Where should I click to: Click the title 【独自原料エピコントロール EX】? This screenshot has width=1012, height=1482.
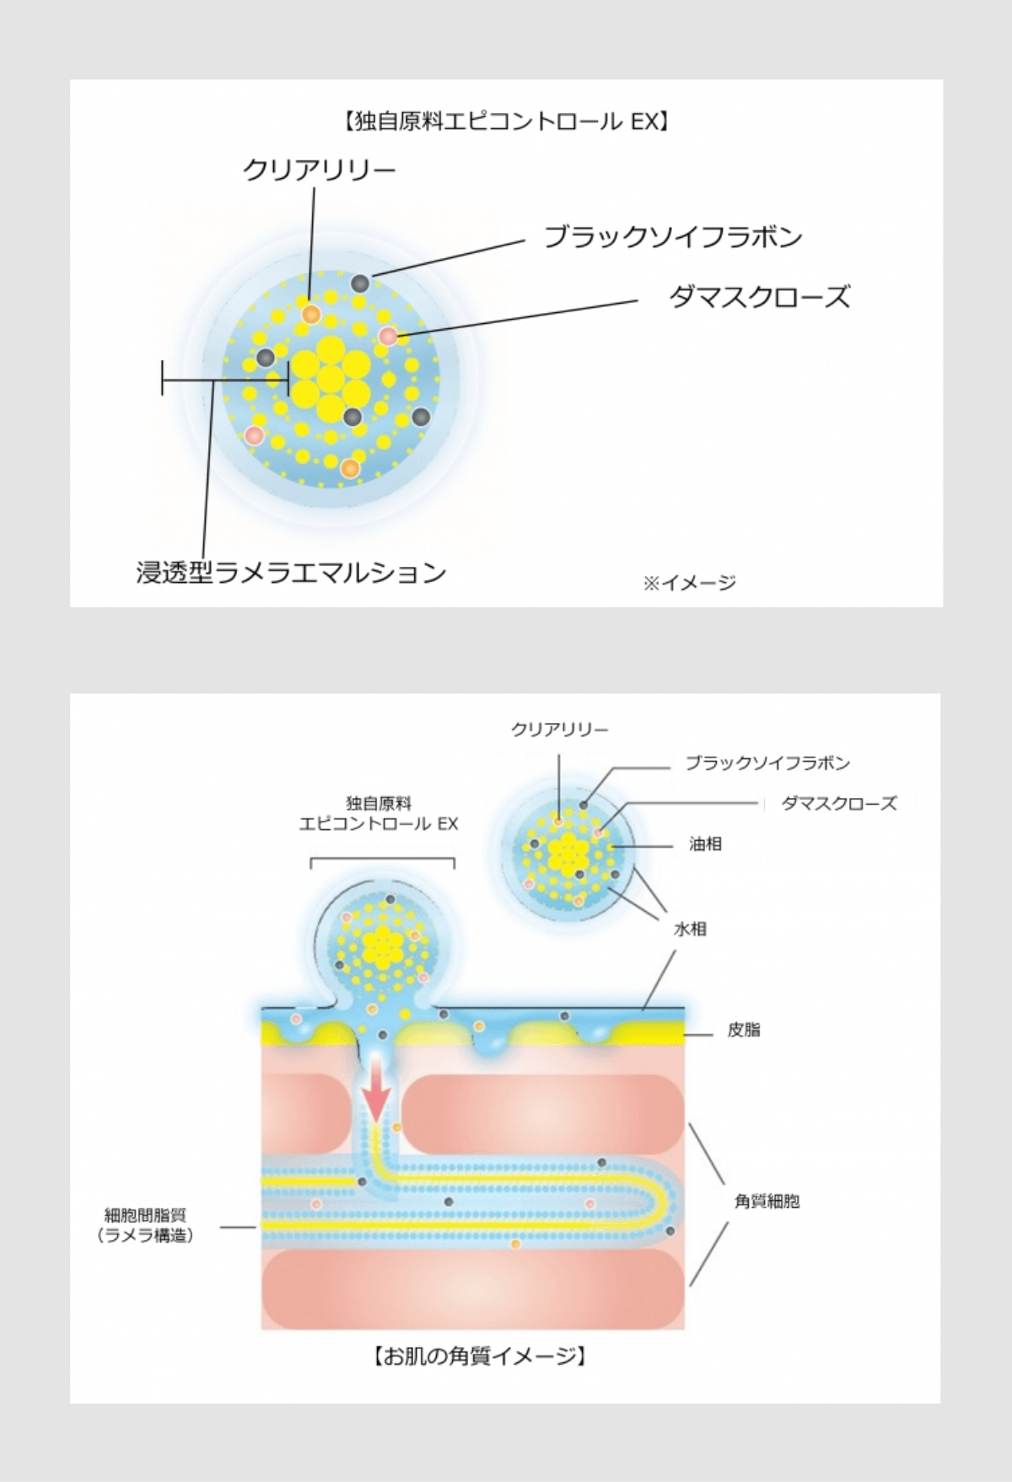click(506, 122)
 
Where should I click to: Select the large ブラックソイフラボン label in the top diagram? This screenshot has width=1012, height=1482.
click(672, 237)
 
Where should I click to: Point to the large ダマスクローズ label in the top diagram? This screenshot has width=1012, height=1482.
click(759, 297)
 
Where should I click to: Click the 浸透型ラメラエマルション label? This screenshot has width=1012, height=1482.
click(291, 573)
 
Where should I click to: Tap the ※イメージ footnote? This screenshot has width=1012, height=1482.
click(690, 582)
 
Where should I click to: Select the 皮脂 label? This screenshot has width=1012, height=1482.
click(744, 1030)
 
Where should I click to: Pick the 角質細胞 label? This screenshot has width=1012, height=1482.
click(767, 1201)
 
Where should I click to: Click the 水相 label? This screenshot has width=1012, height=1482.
click(690, 929)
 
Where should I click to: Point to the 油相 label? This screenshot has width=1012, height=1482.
click(705, 843)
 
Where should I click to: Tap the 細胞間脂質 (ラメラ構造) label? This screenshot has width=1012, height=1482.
click(145, 1225)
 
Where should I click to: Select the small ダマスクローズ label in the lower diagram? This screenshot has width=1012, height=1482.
click(839, 803)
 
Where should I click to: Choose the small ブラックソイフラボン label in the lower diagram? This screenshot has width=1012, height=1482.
click(767, 763)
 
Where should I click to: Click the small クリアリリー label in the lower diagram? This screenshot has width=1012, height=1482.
click(559, 730)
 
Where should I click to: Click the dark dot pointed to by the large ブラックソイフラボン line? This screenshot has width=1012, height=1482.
click(360, 283)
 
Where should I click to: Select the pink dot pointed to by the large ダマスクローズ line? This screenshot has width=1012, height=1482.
click(388, 336)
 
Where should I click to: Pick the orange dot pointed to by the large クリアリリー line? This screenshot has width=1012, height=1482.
click(310, 314)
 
